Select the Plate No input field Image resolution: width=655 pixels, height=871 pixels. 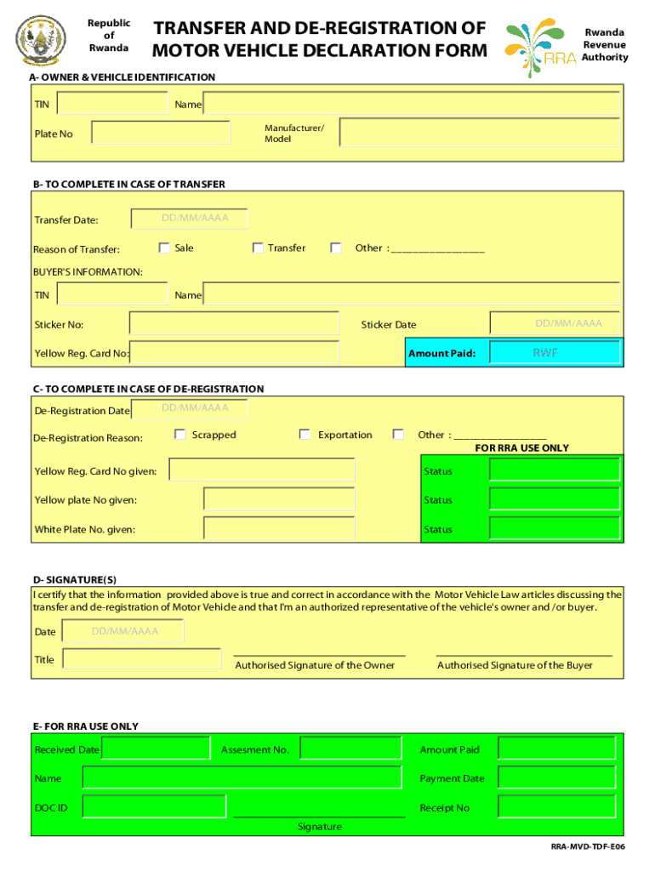[x=161, y=133]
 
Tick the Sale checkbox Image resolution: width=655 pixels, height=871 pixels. [x=165, y=248]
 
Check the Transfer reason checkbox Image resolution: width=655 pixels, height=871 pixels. [x=258, y=248]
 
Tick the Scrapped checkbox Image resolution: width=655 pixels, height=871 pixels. [x=180, y=435]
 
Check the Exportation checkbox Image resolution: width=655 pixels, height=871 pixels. [x=305, y=435]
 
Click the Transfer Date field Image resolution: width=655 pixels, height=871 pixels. [x=190, y=219]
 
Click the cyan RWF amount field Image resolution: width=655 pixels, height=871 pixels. [x=555, y=352]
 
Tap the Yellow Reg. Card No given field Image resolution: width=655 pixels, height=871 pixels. [x=262, y=470]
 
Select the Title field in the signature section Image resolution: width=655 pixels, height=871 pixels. [x=141, y=660]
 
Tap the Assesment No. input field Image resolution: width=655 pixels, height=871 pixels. [x=350, y=749]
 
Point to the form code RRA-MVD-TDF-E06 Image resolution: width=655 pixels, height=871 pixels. [x=588, y=848]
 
